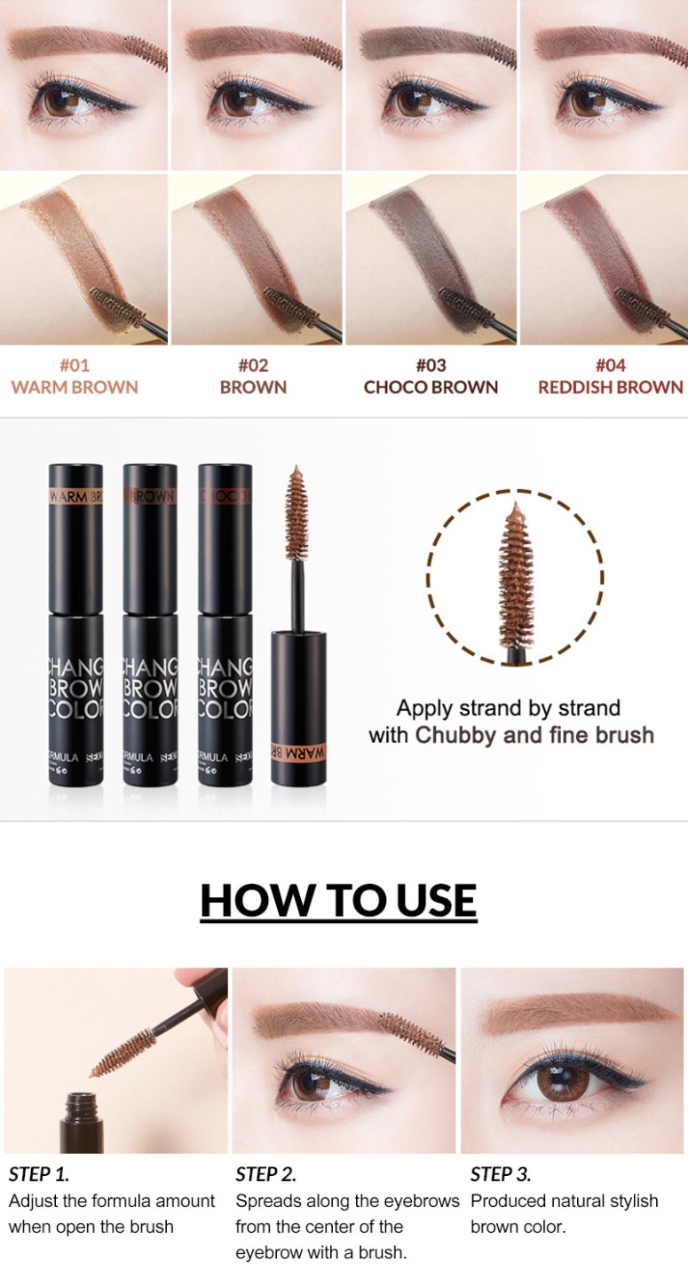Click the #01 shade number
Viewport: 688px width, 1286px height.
(75, 365)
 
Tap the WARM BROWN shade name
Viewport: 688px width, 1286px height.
(75, 387)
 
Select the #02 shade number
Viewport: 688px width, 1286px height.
(253, 365)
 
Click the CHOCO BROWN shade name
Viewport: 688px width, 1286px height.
(431, 387)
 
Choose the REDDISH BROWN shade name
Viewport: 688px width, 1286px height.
(610, 387)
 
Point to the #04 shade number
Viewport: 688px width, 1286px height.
(610, 365)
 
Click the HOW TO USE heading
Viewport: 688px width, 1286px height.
(338, 900)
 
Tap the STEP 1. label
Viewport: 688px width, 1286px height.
(39, 1174)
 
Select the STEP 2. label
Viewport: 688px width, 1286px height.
(266, 1174)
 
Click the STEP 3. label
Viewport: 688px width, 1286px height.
(501, 1174)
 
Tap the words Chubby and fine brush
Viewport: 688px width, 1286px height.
(534, 735)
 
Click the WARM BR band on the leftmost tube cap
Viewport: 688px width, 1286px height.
(75, 496)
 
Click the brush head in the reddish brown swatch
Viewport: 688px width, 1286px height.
(652, 307)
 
